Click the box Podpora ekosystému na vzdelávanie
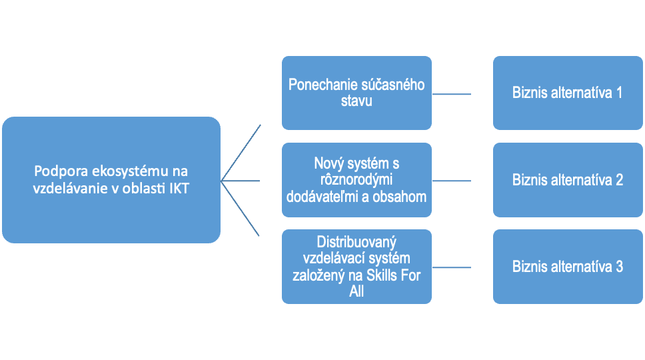click(111, 180)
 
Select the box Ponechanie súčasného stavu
click(356, 93)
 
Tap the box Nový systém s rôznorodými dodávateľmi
click(356, 180)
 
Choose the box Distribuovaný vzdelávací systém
click(356, 267)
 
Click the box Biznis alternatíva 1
click(568, 93)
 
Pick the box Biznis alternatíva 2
click(568, 180)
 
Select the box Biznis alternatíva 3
click(568, 267)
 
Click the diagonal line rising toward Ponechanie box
click(241, 151)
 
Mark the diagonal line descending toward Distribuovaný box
click(241, 209)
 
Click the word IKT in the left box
click(177, 189)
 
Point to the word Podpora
click(57, 171)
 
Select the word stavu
click(356, 101)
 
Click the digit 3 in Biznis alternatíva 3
click(619, 267)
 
